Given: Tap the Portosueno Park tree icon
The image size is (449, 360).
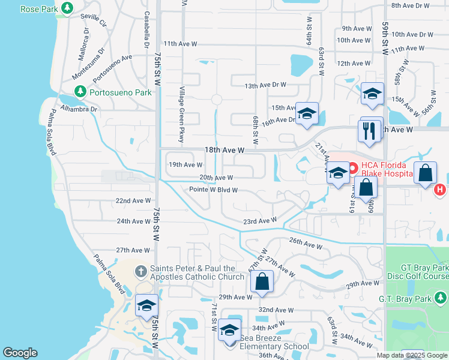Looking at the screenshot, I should point(79,92).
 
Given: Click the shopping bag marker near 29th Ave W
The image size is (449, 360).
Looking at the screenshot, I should point(262,281).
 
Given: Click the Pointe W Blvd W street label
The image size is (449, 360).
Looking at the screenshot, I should point(214,190).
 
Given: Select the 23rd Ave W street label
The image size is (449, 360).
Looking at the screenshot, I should point(259,221).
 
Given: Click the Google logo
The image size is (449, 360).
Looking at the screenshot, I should point(20,353).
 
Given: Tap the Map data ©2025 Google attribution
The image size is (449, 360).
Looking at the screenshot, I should point(412,355).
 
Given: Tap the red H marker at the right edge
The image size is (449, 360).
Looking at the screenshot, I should point(440,190).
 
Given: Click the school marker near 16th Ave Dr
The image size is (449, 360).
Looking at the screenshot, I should point(307,114).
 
